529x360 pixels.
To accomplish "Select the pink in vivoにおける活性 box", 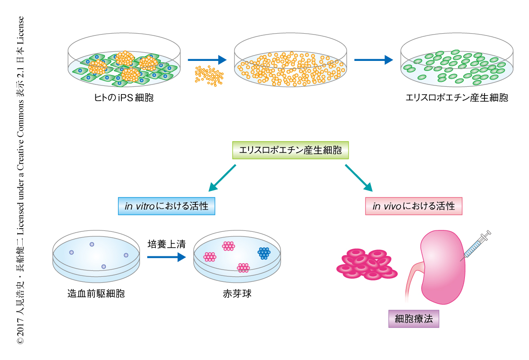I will (414, 206).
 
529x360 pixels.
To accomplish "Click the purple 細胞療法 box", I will (414, 319).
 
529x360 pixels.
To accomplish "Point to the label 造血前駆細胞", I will (95, 293).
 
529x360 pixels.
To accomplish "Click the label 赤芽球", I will (237, 293).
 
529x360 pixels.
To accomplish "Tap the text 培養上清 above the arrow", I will (166, 245).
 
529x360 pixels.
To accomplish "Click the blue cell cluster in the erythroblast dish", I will (264, 253).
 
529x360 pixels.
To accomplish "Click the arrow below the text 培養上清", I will (166, 257).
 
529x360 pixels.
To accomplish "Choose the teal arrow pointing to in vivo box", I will (359, 178).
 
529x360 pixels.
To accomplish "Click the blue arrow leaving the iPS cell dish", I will (207, 60).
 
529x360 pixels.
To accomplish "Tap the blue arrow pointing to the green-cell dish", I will (373, 60).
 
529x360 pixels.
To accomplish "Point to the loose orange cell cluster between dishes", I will (209, 75).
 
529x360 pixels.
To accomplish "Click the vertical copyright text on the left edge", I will (20, 180).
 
